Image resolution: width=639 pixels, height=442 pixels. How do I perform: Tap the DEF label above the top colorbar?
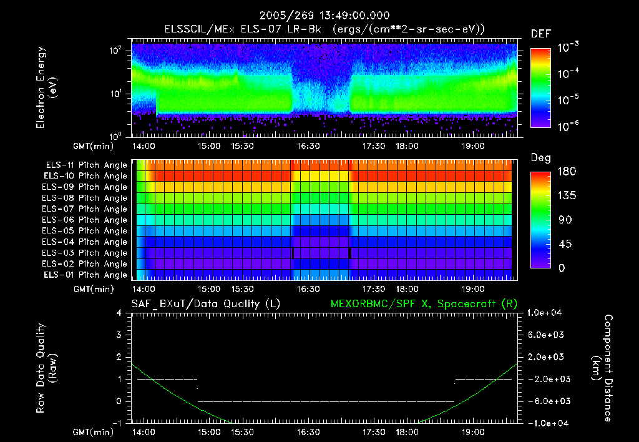click(x=540, y=34)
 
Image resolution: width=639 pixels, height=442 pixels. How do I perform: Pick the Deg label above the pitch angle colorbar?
click(x=540, y=158)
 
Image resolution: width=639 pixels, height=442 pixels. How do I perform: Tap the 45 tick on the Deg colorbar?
click(x=564, y=244)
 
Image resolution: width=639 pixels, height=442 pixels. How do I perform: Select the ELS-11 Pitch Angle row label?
click(x=86, y=165)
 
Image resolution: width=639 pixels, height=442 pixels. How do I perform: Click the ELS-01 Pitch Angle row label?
click(x=86, y=275)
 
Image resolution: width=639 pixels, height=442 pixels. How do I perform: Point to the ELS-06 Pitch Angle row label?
click(x=86, y=220)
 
